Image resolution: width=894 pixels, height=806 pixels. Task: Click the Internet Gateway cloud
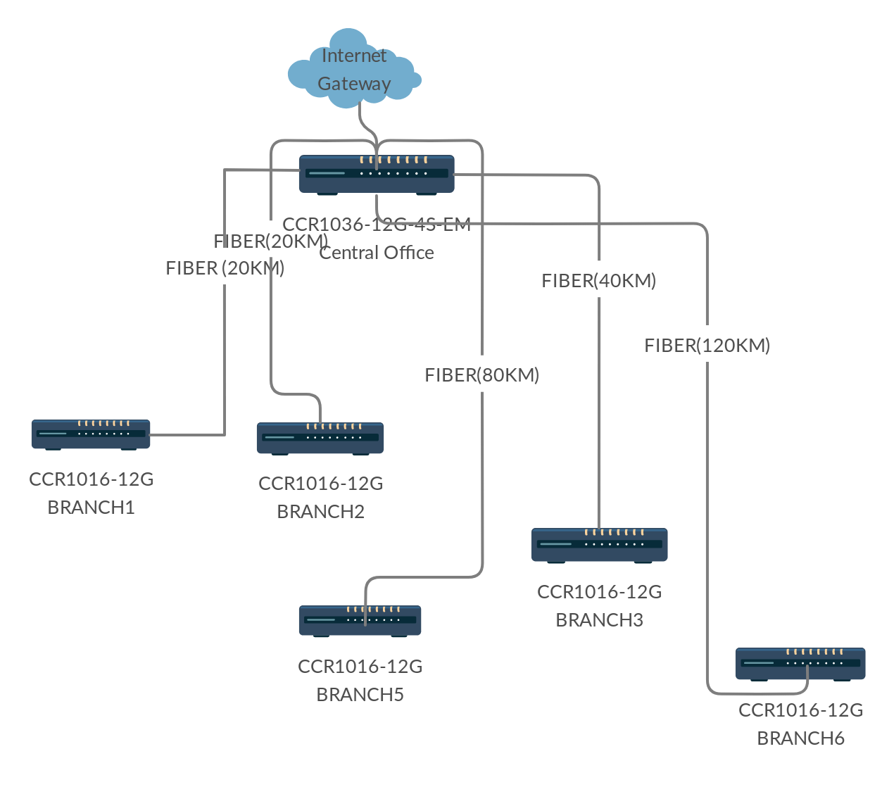coord(353,68)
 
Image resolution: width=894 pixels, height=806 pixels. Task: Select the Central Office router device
coord(377,174)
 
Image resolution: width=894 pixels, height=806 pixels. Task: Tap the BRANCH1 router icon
coord(91,434)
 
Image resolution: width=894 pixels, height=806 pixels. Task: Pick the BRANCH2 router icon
coord(320,438)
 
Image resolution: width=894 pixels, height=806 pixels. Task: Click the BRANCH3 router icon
coord(599,544)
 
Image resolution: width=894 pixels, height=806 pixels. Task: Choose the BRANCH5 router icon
coord(360,620)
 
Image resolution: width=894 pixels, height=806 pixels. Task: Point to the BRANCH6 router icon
coord(800,663)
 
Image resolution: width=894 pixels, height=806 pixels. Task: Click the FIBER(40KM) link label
coord(598,281)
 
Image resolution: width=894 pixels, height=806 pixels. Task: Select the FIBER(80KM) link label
coord(481,375)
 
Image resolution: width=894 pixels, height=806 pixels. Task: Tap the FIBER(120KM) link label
coord(707,346)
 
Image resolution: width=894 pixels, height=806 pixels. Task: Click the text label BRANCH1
coord(91,508)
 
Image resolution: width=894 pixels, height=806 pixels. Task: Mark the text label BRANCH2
coord(320,512)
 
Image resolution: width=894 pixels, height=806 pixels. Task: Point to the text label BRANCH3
coord(599,620)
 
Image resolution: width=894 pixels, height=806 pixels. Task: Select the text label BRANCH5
coord(360,695)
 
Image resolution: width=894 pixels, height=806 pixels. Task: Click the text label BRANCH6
coord(800,738)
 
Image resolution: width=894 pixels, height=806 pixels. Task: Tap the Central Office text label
coord(377,253)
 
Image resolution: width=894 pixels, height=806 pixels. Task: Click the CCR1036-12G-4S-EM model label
coord(377,225)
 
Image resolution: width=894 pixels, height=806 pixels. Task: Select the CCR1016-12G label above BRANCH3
coord(599,592)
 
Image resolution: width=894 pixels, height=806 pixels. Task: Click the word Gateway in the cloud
coord(354,84)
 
